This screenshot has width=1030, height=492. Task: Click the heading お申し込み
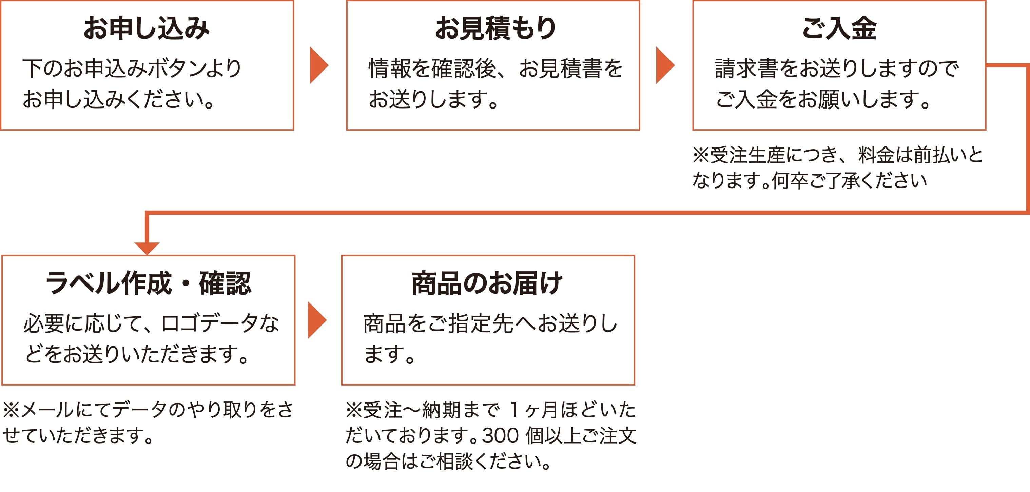(x=146, y=28)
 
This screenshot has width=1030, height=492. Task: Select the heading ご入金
(x=839, y=28)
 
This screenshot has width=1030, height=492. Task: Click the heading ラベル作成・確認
(x=148, y=283)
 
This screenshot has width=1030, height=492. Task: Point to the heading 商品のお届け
(x=487, y=283)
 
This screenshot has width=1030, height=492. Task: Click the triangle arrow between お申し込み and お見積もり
(x=319, y=65)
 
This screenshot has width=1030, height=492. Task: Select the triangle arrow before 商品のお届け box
(x=317, y=320)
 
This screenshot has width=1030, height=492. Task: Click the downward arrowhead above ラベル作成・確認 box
(x=147, y=248)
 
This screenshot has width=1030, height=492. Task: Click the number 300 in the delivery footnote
(x=501, y=436)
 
